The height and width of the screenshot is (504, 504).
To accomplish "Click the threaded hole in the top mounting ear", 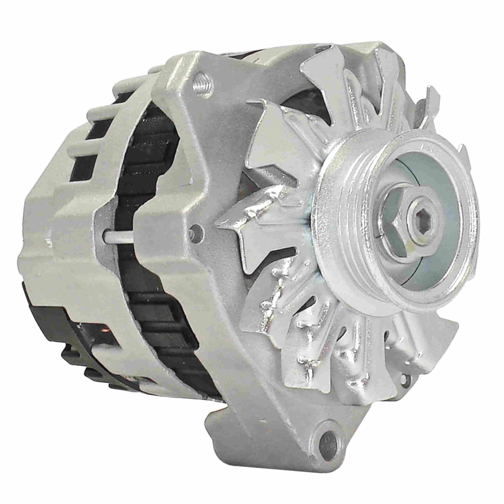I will (203, 83).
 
